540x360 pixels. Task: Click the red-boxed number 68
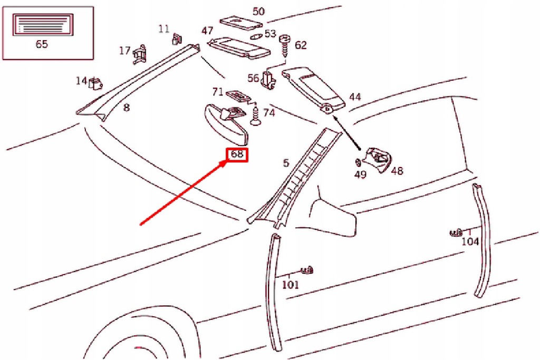point(237,154)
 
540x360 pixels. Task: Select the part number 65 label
point(42,44)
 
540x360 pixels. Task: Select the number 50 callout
point(258,11)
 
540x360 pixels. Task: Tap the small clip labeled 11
point(177,38)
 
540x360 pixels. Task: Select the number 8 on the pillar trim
point(126,108)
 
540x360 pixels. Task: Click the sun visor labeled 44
point(315,90)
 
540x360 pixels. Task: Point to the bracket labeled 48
point(379,158)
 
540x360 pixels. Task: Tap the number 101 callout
point(290,285)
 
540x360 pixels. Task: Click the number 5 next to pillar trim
point(286,163)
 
